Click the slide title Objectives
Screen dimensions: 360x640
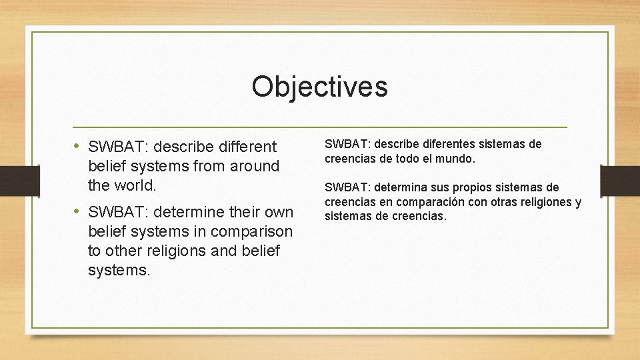(319, 87)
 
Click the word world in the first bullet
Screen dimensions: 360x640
(135, 183)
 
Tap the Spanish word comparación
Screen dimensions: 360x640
(427, 202)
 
